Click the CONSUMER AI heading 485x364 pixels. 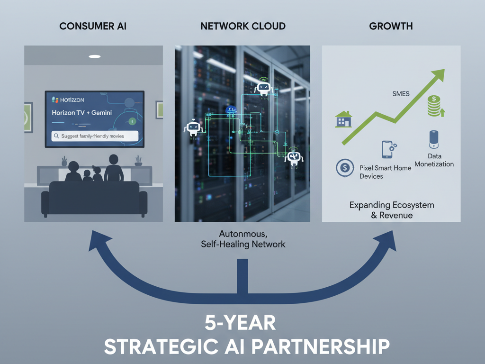coord(93,26)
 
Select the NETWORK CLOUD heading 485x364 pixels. coord(243,26)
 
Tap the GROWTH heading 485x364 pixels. coord(391,26)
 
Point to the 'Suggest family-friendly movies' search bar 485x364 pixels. coord(95,136)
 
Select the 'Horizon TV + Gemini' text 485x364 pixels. coord(82,114)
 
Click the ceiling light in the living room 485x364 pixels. coord(95,56)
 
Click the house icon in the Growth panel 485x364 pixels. coord(343,119)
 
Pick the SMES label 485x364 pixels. coord(401,94)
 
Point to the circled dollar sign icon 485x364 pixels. coord(345,167)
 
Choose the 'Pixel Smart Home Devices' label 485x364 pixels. coord(385,172)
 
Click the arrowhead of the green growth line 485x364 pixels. coord(439,75)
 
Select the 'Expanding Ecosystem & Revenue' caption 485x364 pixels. coord(391,210)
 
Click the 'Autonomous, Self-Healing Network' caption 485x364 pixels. coord(242,239)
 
